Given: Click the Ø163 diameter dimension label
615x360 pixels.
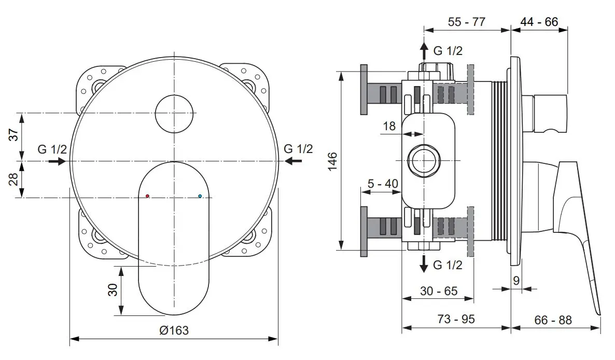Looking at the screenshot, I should pos(174,330).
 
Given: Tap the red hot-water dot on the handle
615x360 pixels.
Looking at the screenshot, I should pos(148,197).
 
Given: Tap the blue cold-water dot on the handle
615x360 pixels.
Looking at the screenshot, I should pos(200,197).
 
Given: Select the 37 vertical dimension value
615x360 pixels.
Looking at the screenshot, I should pos(15,135).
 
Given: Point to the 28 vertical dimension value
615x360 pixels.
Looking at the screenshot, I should pos(15,179).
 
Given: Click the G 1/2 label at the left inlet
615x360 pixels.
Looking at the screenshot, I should pos(52,149).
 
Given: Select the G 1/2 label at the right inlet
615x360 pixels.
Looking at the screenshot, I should pos(299,149).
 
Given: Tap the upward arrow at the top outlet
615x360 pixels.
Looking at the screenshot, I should pos(424,50).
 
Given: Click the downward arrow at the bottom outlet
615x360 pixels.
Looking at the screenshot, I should pos(424,264).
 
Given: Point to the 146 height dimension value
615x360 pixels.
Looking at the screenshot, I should pos(332,161).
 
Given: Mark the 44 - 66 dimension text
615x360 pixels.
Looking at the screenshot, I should pos(540,22).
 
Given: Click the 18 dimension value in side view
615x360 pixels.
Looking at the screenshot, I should pos(389,126).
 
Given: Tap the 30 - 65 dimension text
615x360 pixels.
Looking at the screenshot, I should pos(439,291).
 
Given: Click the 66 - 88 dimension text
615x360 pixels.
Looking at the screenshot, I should pos(553,320).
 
